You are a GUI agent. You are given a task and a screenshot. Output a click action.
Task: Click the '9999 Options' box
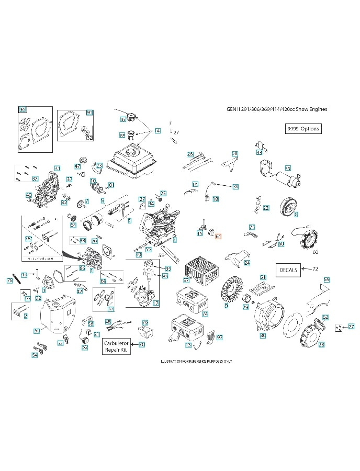(302, 129)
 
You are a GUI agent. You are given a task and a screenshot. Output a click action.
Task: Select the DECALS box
(288, 270)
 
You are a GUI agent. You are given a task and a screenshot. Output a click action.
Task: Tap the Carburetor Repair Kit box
(116, 345)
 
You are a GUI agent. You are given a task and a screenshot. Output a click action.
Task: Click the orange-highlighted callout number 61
(218, 236)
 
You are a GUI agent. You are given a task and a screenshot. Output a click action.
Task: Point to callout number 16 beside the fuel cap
(122, 119)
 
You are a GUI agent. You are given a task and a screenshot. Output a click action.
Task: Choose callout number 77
(351, 326)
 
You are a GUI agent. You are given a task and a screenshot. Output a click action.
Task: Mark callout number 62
(325, 317)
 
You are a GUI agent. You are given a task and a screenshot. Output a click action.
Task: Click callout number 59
(327, 280)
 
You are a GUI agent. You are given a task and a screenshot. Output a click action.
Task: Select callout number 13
(188, 345)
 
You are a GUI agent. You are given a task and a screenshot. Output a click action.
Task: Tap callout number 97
(220, 338)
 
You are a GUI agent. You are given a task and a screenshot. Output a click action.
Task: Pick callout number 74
(205, 314)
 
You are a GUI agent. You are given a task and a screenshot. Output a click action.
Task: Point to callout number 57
(186, 281)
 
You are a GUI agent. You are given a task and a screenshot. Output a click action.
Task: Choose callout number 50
(37, 330)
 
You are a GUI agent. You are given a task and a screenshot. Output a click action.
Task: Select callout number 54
(35, 355)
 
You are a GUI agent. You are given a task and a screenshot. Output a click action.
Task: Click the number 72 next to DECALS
(314, 268)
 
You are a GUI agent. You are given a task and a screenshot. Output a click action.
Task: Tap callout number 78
(9, 281)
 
